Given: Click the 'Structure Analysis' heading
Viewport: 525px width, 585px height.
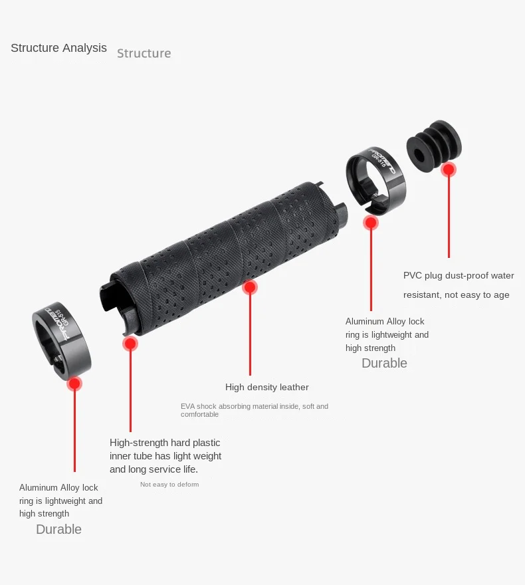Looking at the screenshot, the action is point(58,48).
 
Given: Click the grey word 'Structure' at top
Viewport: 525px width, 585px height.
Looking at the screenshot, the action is point(144,53).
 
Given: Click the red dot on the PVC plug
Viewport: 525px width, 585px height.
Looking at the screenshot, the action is point(449,170).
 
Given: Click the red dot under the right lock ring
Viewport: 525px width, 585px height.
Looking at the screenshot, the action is point(371,223).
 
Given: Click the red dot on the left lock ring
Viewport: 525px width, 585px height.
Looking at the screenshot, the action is point(74,384).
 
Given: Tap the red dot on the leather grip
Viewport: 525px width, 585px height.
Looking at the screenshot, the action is point(250,287).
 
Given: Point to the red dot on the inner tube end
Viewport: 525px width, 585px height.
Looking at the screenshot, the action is point(130,344).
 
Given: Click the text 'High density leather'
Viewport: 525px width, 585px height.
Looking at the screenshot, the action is point(266,387).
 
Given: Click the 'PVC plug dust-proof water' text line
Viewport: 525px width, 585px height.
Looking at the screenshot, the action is point(459,275).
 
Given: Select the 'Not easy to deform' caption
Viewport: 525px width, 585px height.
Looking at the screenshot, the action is point(169,485).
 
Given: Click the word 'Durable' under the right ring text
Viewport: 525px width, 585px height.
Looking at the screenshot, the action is point(384,363).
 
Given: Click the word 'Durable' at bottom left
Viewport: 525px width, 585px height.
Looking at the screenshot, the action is point(58,529).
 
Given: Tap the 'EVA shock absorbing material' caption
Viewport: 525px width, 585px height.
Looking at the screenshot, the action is point(254,406).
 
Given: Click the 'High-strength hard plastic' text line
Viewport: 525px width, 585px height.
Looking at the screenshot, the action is point(165,443).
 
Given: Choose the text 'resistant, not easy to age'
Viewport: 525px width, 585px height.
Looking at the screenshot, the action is point(456,294).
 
